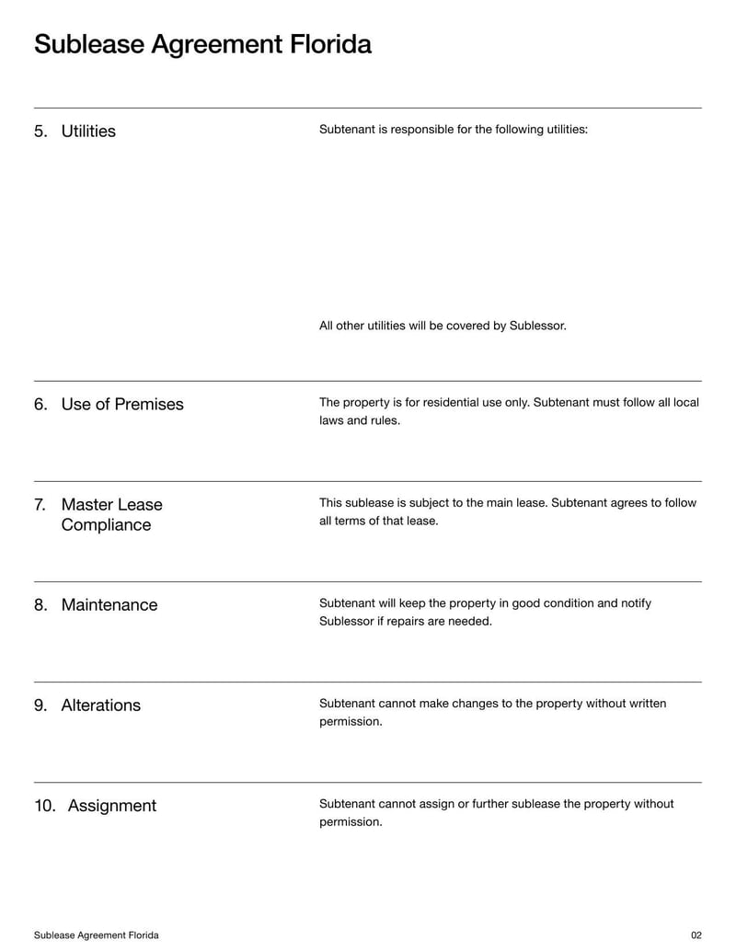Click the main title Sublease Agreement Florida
click(x=202, y=44)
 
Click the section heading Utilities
click(x=88, y=131)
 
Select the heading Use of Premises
click(x=122, y=404)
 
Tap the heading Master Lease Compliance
click(x=111, y=514)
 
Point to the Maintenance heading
click(x=109, y=604)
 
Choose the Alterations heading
click(x=100, y=705)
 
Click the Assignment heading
click(x=112, y=805)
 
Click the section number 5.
click(x=40, y=131)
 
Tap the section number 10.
click(x=45, y=805)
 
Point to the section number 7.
click(x=40, y=504)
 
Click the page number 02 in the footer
click(x=696, y=935)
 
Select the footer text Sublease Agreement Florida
click(x=96, y=935)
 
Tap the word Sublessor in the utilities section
click(x=537, y=326)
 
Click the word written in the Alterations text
click(x=646, y=704)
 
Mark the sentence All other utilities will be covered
click(x=443, y=326)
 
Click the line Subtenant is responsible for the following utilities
click(x=453, y=129)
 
